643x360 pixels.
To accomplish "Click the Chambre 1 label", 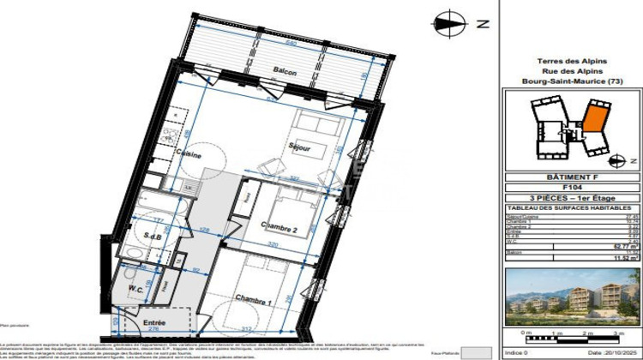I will (x=255, y=301).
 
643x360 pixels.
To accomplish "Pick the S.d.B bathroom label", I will (x=153, y=236).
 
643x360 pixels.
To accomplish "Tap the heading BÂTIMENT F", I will (x=573, y=177).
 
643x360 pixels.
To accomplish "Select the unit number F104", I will (x=573, y=188).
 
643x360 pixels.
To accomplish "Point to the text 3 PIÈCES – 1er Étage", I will (x=573, y=198).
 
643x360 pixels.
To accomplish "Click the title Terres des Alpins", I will (x=573, y=60).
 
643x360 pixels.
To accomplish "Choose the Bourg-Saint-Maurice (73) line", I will (x=573, y=82).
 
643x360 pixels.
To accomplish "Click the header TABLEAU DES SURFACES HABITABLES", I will (x=573, y=207).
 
